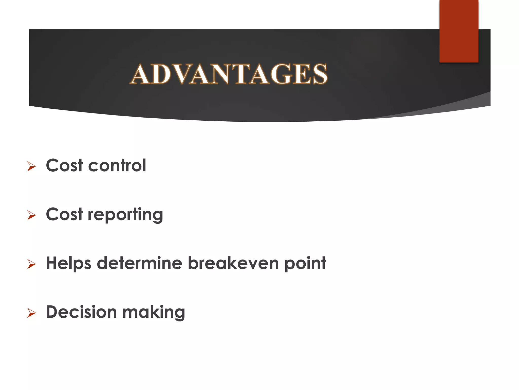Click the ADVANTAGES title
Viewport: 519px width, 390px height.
point(229,74)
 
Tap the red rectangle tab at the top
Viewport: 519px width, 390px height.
point(459,31)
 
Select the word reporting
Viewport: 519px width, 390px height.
point(125,215)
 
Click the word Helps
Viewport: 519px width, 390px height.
point(68,263)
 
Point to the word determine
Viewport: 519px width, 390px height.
point(139,263)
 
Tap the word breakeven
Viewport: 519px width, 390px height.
point(233,263)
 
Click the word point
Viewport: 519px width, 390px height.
point(305,263)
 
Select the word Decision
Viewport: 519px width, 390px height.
point(81,312)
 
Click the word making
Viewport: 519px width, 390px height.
point(154,313)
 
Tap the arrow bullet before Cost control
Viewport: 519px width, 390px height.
point(31,167)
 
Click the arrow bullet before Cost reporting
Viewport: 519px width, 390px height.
point(31,215)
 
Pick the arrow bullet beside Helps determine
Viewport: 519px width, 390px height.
point(31,264)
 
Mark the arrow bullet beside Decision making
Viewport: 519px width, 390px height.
point(31,313)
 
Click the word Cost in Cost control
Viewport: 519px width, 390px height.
point(64,166)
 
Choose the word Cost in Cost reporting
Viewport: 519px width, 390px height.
point(64,215)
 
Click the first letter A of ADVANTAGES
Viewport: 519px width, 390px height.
point(141,74)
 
